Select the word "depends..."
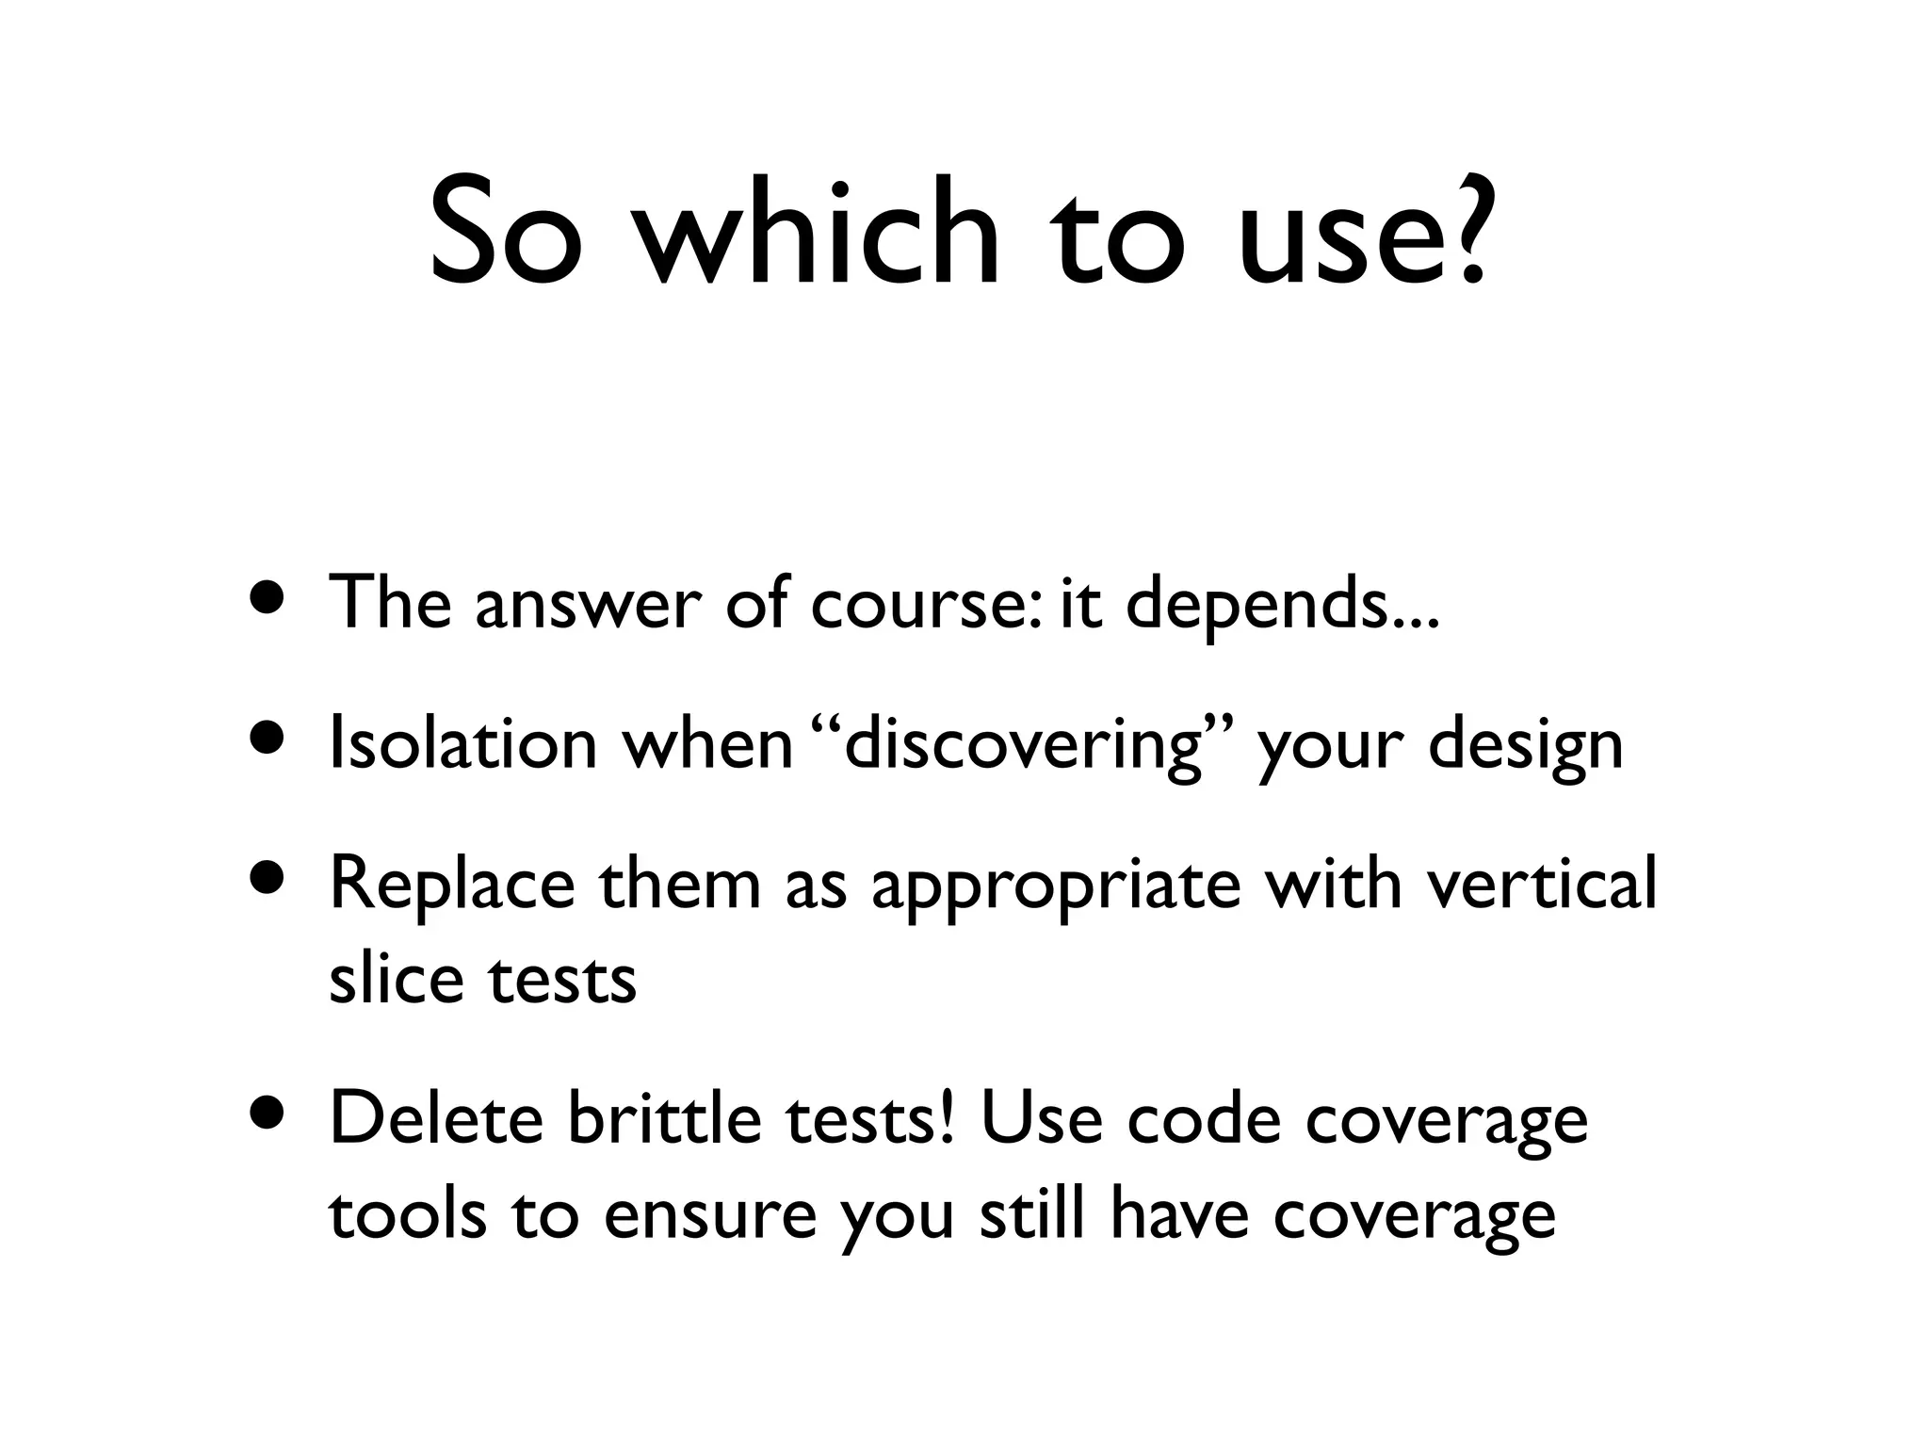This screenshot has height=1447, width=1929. (x=1282, y=604)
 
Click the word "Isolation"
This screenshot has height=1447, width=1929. (x=462, y=742)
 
